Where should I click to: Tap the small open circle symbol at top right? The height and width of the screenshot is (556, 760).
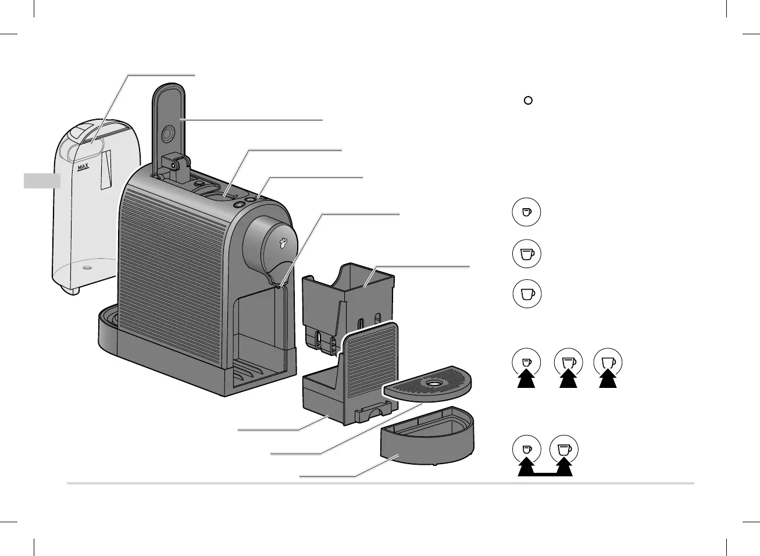[528, 100]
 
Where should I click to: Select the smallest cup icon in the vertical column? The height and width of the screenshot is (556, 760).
[526, 213]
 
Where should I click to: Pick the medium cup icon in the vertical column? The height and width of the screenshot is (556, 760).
[527, 254]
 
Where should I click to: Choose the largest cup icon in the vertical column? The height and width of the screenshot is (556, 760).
[527, 294]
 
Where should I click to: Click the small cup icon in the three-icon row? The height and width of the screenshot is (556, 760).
[526, 362]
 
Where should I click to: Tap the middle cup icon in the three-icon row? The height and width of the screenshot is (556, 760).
[568, 362]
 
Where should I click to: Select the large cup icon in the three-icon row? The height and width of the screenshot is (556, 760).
[608, 362]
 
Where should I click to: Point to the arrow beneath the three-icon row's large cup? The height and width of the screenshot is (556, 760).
[608, 380]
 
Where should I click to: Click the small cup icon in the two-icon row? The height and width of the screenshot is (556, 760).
[526, 450]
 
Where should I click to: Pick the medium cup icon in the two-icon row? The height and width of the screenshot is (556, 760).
[564, 450]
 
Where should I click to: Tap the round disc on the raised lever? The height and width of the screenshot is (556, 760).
[167, 134]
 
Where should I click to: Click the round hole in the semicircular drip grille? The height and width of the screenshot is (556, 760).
[433, 383]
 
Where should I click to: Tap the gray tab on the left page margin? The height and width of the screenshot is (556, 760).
[42, 181]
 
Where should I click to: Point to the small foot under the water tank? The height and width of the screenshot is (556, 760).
[72, 291]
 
